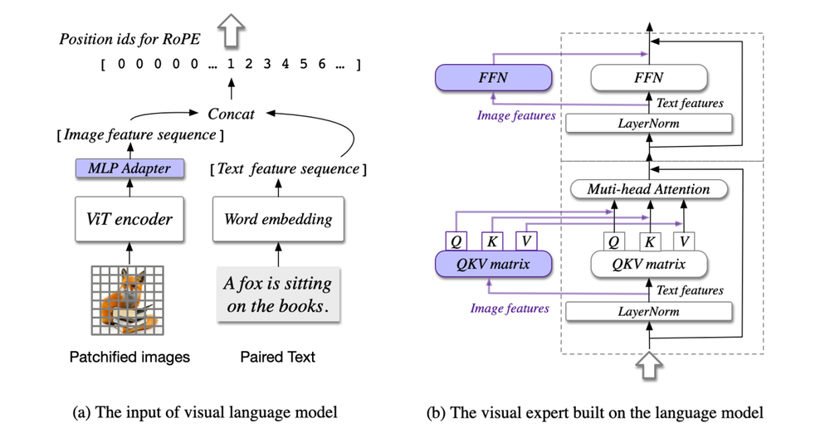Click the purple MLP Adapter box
(129, 168)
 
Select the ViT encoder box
(129, 219)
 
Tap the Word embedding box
(277, 219)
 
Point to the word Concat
(231, 113)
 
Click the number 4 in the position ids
(285, 64)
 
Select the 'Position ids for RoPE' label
(129, 38)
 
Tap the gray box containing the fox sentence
(277, 294)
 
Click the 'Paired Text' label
(277, 358)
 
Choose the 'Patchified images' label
(129, 358)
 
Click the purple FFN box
(494, 79)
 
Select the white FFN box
(648, 79)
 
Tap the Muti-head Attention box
(648, 189)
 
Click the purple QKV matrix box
(494, 264)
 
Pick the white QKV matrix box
(648, 264)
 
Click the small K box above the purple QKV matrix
(492, 241)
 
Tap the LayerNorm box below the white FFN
(648, 124)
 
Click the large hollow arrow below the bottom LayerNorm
(648, 364)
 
